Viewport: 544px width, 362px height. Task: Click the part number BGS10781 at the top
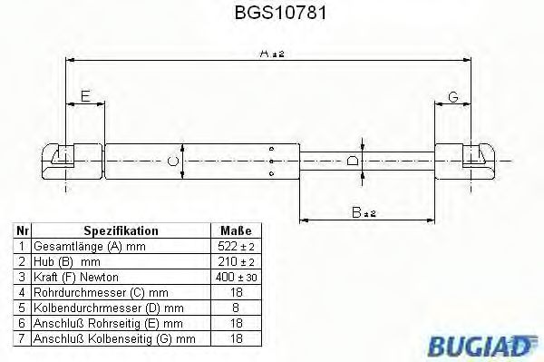click(x=280, y=13)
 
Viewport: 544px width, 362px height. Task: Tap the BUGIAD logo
click(x=482, y=346)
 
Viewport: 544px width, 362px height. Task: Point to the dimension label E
click(x=85, y=96)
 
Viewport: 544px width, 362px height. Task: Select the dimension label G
click(x=453, y=96)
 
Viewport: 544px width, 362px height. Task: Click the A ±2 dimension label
click(x=272, y=54)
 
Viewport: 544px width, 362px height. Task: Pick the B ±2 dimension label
click(x=364, y=212)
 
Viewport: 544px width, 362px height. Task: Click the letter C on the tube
click(x=172, y=161)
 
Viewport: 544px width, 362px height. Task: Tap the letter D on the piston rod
click(x=353, y=161)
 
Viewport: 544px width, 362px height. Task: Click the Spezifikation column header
click(x=121, y=230)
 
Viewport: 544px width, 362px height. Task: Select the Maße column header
click(x=236, y=230)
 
